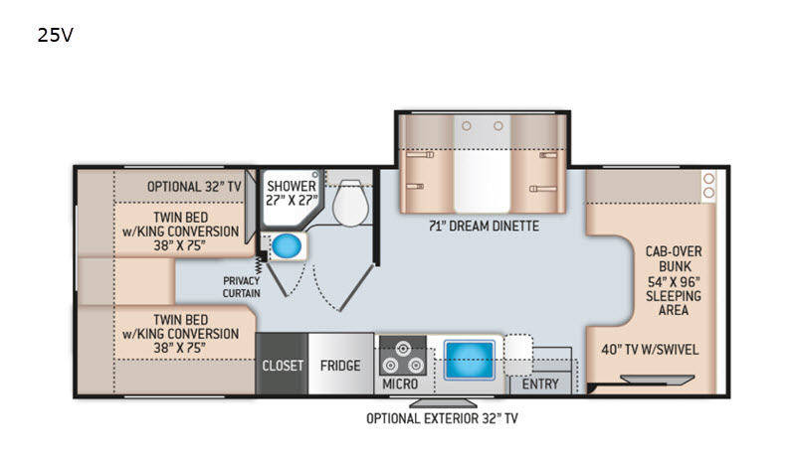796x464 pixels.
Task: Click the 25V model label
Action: tap(56, 35)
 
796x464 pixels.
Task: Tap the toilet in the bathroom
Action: tap(350, 202)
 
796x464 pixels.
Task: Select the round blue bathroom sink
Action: tap(287, 246)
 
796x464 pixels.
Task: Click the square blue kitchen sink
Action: tap(469, 361)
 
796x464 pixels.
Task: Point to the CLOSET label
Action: tap(283, 365)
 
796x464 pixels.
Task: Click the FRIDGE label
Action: tap(340, 365)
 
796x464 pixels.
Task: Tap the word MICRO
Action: tap(400, 384)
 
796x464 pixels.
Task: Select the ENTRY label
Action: tap(540, 384)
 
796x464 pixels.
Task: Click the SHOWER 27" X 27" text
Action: tap(292, 193)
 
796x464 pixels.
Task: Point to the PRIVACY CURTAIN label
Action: tap(242, 287)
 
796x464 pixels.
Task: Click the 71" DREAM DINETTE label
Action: tap(484, 226)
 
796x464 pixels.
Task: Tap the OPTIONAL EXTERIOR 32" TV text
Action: tap(442, 418)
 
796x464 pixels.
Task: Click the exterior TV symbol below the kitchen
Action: tap(443, 402)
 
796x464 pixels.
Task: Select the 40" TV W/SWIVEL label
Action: tap(650, 350)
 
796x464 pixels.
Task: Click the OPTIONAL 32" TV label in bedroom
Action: tap(194, 187)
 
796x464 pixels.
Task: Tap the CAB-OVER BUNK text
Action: tap(674, 258)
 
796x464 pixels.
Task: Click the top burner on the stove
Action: tap(403, 349)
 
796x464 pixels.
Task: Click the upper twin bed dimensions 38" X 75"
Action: tap(180, 245)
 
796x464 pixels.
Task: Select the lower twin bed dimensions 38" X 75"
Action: tap(180, 348)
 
